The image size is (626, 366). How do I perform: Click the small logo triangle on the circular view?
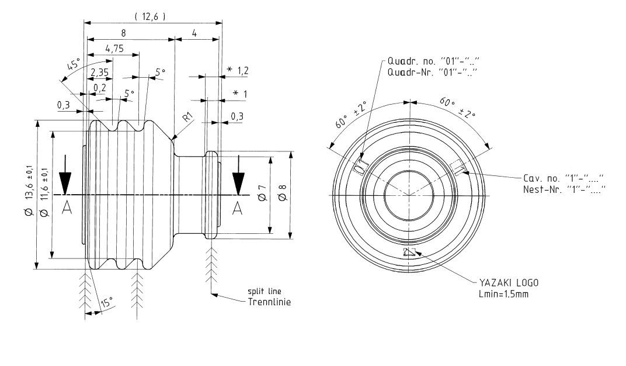pyautogui.click(x=409, y=253)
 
